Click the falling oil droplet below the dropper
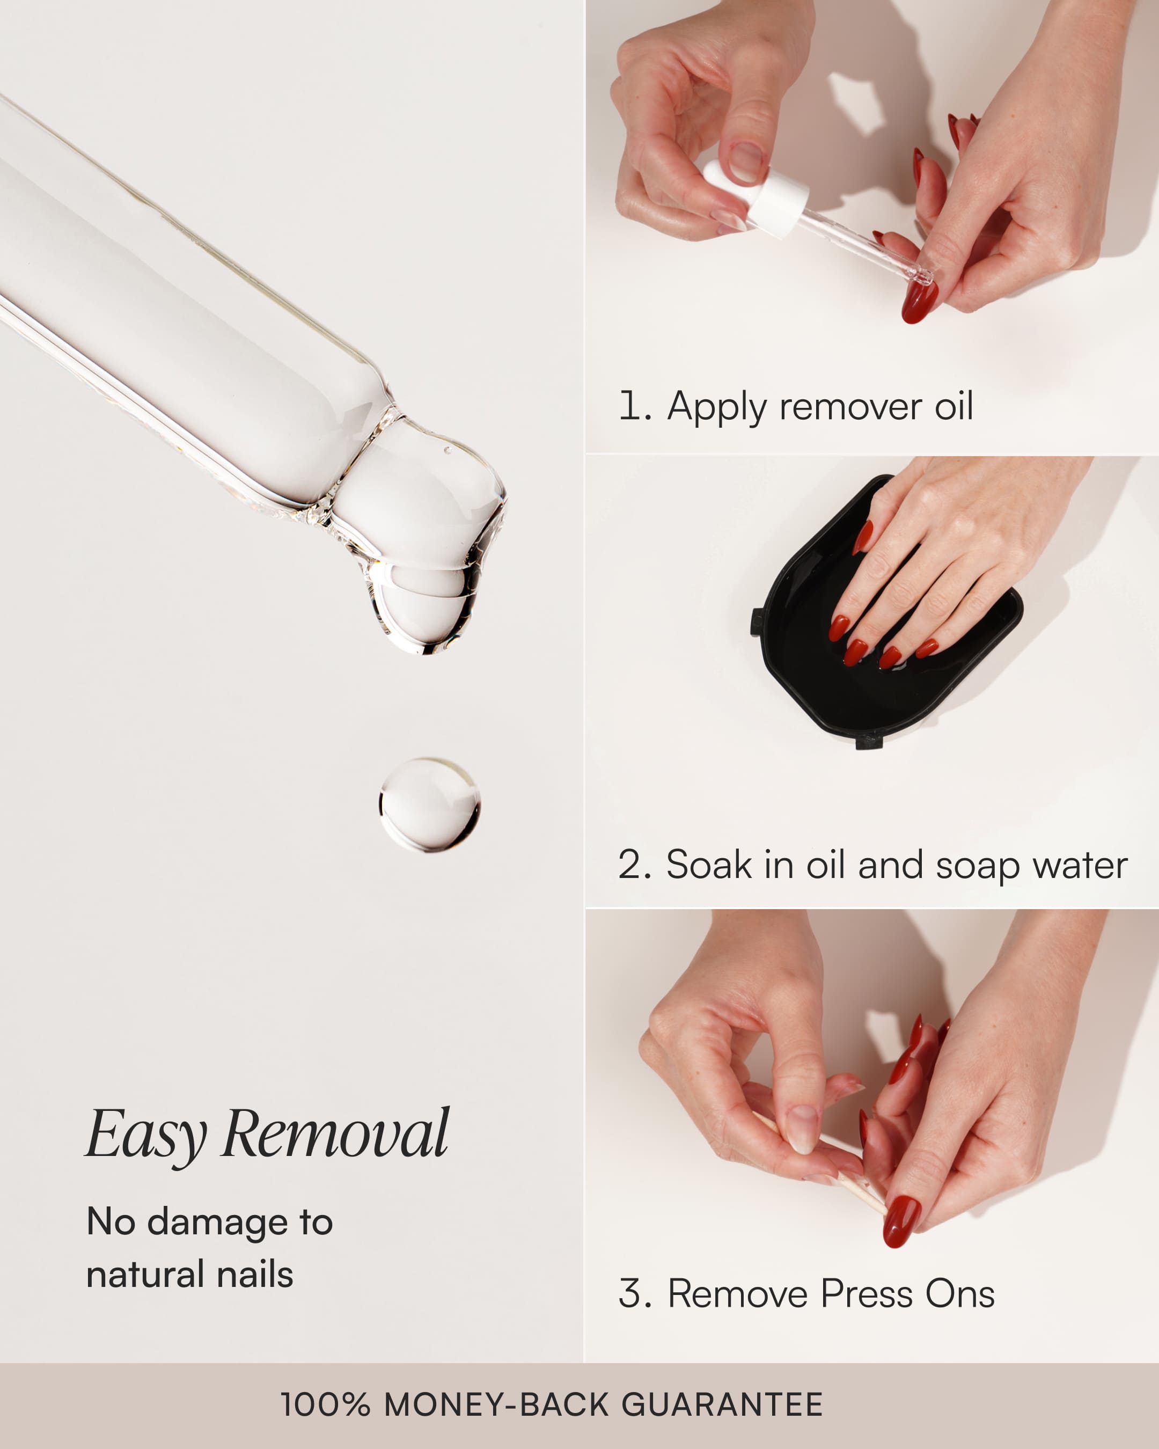(429, 804)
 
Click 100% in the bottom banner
(325, 1404)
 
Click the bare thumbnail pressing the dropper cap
(746, 162)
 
